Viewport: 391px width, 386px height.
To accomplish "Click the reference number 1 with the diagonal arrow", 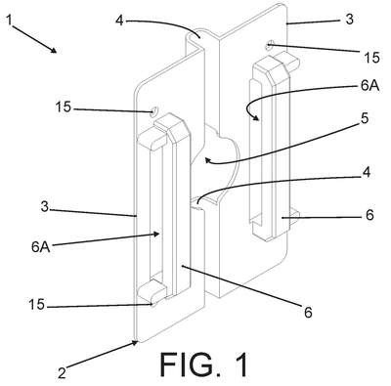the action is [10, 21].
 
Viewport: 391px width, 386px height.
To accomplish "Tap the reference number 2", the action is [62, 372].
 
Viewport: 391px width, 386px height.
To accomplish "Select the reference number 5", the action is [365, 118].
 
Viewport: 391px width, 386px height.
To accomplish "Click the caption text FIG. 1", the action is [203, 364].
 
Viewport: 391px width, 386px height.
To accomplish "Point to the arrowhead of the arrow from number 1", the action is [55, 50].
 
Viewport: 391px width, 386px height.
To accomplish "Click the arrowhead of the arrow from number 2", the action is [135, 343].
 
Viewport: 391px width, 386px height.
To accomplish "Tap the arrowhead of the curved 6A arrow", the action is [257, 118].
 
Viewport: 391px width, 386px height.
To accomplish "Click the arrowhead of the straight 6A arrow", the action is [157, 234].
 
